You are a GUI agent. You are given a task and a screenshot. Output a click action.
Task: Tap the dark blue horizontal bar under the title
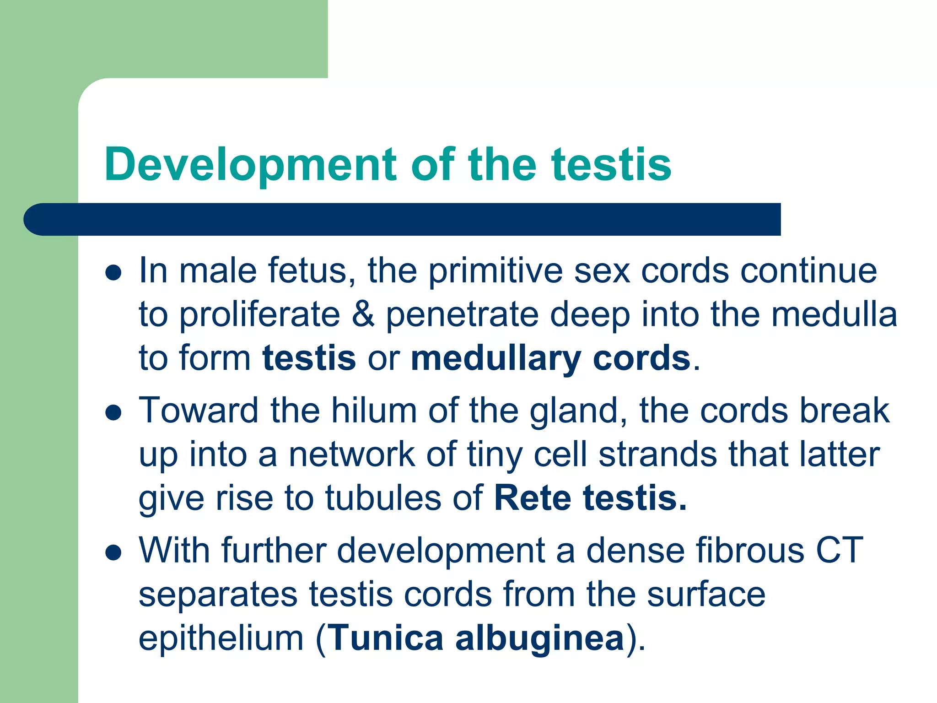click(403, 219)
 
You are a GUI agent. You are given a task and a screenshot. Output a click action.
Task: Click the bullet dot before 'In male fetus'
click(113, 273)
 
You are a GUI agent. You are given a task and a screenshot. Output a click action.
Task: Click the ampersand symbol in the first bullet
click(363, 315)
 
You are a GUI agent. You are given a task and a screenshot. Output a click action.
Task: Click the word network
click(351, 454)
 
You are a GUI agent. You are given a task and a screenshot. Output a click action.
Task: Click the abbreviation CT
click(840, 550)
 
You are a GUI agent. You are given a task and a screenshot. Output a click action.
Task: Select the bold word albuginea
click(540, 638)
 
